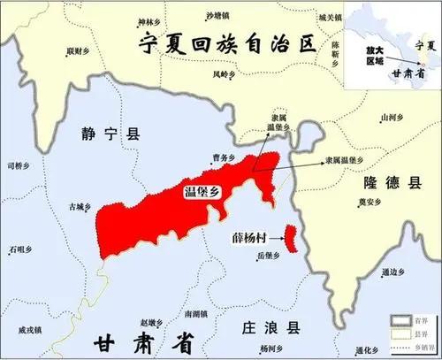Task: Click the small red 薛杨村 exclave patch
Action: (x=289, y=238)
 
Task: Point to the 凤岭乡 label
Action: (x=224, y=75)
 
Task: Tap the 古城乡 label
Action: (x=80, y=207)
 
